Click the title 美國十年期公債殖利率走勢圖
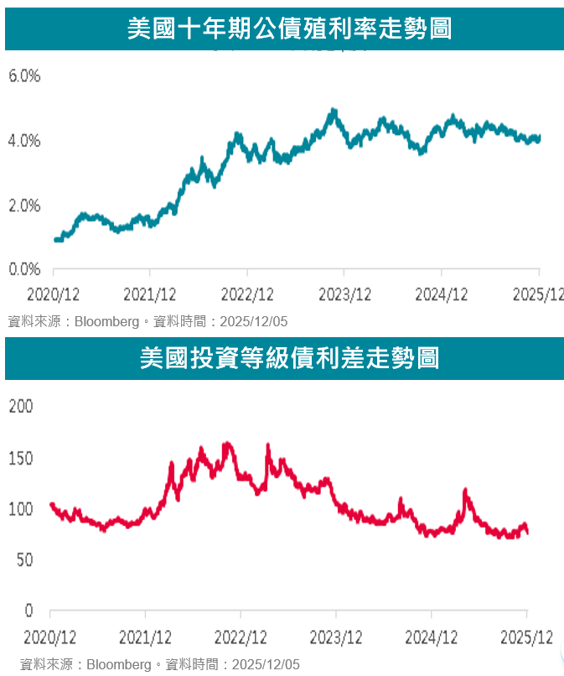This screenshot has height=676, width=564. point(289,29)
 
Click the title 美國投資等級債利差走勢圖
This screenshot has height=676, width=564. point(289,358)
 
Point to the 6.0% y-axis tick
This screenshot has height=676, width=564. point(24,76)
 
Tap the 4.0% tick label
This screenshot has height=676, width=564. point(24,141)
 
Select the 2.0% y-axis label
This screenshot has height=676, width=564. point(24,205)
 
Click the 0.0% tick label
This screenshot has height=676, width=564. point(24,269)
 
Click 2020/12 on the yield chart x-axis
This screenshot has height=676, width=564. point(52,294)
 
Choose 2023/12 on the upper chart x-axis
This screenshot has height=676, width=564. point(344,294)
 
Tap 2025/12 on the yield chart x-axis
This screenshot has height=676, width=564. point(539,294)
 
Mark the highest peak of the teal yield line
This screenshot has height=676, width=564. point(334,110)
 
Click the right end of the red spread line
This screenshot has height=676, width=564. point(527,533)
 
